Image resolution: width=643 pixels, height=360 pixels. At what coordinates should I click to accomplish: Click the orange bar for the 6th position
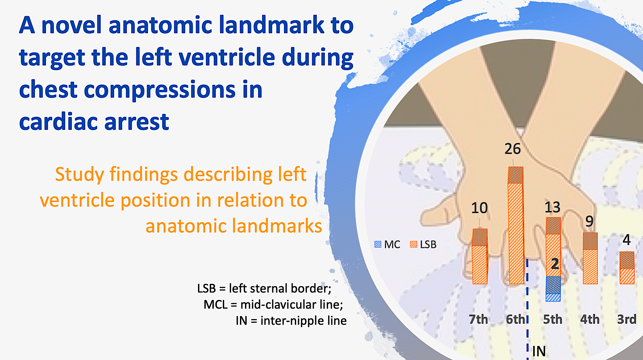point(516,225)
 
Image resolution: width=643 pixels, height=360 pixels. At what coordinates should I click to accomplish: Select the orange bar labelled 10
point(480,256)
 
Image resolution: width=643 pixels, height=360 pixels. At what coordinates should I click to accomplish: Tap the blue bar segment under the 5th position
point(553,289)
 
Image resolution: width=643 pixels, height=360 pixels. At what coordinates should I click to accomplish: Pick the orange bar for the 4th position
point(590,258)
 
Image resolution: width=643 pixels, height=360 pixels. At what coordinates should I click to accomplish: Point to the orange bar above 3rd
point(627,268)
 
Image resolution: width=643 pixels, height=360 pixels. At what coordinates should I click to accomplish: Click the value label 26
point(513,149)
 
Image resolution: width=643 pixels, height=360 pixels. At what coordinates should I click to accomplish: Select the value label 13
point(552,207)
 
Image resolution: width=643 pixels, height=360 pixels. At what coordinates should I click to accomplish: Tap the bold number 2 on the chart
point(555,264)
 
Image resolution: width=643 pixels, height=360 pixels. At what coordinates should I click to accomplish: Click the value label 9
point(589,221)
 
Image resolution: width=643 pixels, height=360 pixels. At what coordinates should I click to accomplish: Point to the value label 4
point(627,240)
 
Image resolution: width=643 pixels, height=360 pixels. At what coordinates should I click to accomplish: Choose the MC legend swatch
point(378,244)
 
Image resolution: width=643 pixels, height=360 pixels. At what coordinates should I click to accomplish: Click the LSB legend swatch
point(413,244)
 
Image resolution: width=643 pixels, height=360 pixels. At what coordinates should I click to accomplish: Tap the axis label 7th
point(479,319)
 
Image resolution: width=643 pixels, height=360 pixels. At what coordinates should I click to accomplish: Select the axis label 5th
point(553,319)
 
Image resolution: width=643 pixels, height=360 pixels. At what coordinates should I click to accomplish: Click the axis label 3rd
point(627,319)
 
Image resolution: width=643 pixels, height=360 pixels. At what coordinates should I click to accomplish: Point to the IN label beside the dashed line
point(539,351)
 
